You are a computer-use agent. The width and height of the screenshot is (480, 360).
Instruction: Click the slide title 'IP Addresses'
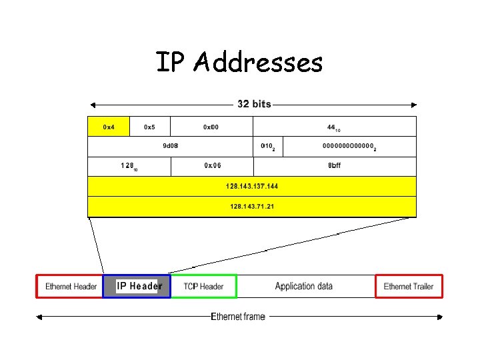239,63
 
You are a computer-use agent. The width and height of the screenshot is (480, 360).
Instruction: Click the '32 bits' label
254,104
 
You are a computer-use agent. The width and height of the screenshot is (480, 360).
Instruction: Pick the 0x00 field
211,127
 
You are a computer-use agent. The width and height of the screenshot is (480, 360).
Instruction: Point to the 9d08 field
171,146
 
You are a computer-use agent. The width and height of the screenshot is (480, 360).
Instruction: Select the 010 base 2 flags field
269,146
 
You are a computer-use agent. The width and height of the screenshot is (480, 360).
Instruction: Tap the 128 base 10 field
129,166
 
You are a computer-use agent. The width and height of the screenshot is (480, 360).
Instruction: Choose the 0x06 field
213,166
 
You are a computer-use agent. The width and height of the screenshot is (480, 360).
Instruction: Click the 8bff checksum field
335,166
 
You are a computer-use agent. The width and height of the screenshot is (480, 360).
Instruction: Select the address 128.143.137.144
252,186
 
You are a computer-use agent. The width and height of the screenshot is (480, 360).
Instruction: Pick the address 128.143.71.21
252,206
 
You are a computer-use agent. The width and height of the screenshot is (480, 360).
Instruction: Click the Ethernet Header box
71,286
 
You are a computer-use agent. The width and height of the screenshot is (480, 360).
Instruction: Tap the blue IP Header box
137,286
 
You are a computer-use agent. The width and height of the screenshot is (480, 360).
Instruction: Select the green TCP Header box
204,286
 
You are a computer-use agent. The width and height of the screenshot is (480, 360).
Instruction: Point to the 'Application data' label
304,286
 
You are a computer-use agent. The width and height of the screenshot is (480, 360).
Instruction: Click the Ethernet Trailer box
409,286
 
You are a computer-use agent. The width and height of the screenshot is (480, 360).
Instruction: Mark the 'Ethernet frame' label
238,317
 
